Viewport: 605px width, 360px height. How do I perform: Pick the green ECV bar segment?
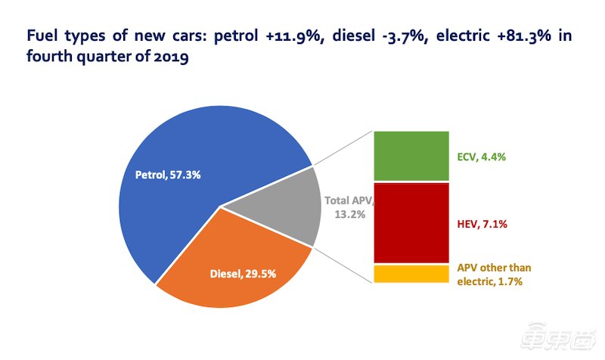pyautogui.click(x=411, y=156)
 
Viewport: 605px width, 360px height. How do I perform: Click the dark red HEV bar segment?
pyautogui.click(x=411, y=223)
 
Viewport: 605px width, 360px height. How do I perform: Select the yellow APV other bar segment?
pyautogui.click(x=411, y=274)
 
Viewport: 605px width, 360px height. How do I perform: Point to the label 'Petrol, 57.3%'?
pyautogui.click(x=167, y=175)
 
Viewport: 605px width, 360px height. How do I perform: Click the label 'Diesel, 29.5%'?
pyautogui.click(x=243, y=272)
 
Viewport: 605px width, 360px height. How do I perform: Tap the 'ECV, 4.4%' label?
pyautogui.click(x=481, y=157)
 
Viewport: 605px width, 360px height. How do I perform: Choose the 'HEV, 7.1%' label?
pyautogui.click(x=481, y=224)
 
